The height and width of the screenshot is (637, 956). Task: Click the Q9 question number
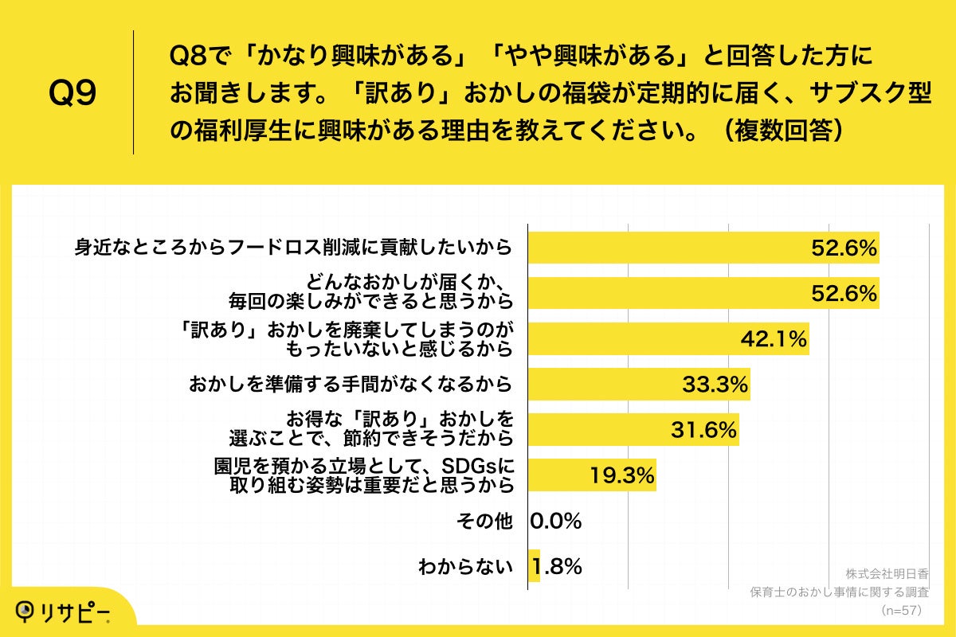click(x=72, y=94)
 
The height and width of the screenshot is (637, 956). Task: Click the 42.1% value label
click(x=774, y=339)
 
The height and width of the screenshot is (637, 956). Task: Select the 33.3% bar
click(x=637, y=385)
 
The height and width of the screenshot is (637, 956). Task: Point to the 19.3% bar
click(x=591, y=475)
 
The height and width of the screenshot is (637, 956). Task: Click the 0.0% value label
click(x=556, y=522)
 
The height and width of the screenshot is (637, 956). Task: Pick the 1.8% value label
click(x=558, y=567)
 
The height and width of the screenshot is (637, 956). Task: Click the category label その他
click(x=483, y=522)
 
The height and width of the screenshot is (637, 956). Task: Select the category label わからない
click(x=464, y=567)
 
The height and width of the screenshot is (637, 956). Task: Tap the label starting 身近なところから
click(x=292, y=248)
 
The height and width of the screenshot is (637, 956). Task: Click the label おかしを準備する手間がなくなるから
click(x=350, y=385)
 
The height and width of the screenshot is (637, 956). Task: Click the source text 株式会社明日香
click(x=887, y=573)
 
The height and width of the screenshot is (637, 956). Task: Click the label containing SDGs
click(x=362, y=475)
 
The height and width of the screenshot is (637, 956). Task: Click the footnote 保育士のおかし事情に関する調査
click(x=840, y=592)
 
